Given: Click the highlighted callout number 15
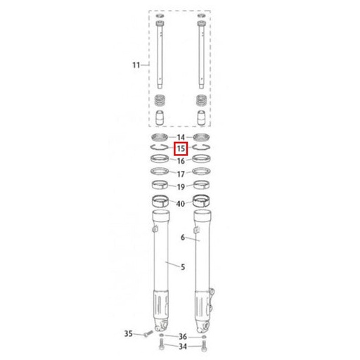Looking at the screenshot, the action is pyautogui.click(x=181, y=148).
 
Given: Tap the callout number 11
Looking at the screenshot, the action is pyautogui.click(x=136, y=65).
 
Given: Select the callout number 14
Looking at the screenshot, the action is pyautogui.click(x=181, y=137).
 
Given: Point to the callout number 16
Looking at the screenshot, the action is pyautogui.click(x=181, y=161).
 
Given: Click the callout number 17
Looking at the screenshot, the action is pyautogui.click(x=181, y=174).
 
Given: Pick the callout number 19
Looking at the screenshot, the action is pyautogui.click(x=181, y=187).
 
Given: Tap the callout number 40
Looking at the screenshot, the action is pyautogui.click(x=181, y=204).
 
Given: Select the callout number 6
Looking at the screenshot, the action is pyautogui.click(x=183, y=238).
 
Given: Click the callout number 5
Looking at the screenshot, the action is pyautogui.click(x=183, y=267).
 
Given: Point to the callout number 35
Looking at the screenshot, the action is pyautogui.click(x=129, y=333).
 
